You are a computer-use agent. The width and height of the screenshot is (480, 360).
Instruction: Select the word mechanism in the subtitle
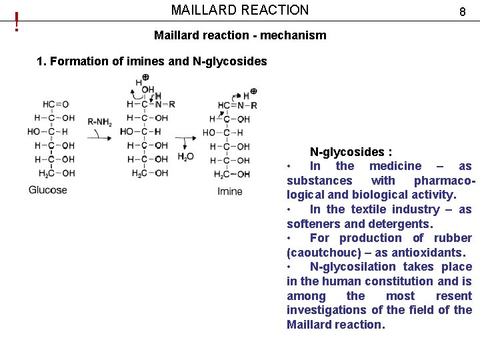[293, 35]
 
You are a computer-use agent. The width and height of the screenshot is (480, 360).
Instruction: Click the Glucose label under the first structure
[48, 190]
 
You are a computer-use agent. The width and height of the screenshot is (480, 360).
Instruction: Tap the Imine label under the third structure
[230, 191]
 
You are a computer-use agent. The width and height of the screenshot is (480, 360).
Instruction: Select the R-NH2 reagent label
[100, 121]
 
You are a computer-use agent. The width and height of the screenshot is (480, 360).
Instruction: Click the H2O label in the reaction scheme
[186, 157]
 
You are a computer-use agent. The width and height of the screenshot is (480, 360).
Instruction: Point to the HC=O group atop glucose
[55, 104]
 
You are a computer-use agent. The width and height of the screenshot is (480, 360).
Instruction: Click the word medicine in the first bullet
[395, 166]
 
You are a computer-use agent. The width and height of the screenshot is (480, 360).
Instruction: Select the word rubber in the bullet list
[453, 238]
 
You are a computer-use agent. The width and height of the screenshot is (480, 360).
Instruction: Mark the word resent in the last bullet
[453, 296]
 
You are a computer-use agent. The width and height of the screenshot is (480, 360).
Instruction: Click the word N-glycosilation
[353, 267]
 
